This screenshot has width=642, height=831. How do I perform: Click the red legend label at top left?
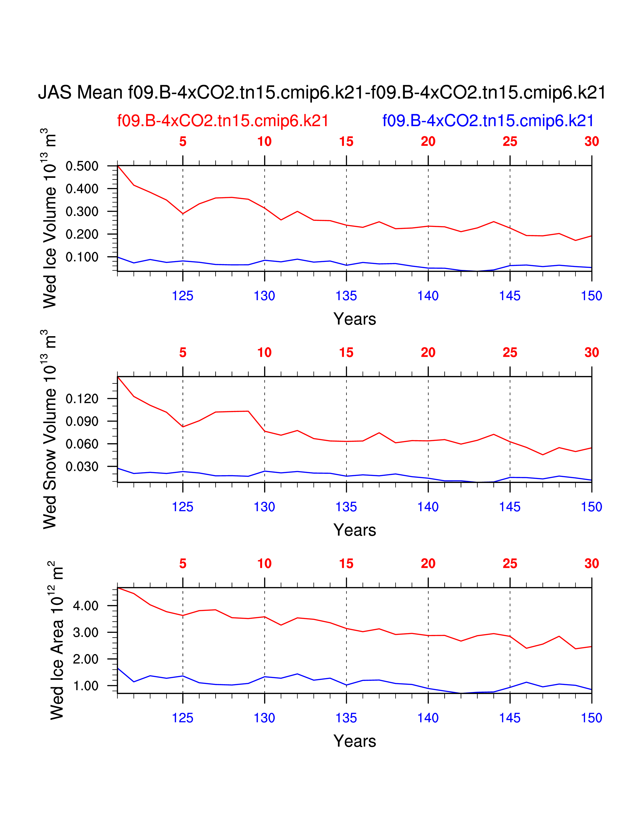(x=223, y=121)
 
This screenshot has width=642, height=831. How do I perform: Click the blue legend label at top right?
(x=488, y=121)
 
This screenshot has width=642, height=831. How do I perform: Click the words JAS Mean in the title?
(x=80, y=92)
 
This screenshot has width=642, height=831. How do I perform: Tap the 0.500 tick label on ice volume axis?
(x=82, y=166)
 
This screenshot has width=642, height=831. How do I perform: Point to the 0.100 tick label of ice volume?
(x=82, y=257)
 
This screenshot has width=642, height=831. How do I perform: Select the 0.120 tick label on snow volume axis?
(x=82, y=399)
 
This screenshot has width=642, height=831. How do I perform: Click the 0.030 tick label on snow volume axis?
(x=82, y=466)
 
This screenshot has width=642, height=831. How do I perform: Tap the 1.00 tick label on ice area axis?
(x=86, y=686)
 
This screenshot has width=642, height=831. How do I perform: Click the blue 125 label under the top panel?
(x=183, y=296)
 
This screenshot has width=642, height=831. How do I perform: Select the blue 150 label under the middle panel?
(x=591, y=507)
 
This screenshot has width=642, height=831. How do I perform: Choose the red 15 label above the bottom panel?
(x=346, y=564)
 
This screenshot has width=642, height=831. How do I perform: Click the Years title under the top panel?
(x=354, y=319)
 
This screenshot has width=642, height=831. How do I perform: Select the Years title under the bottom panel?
(x=354, y=741)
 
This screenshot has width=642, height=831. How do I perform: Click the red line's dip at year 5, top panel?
(x=183, y=214)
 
